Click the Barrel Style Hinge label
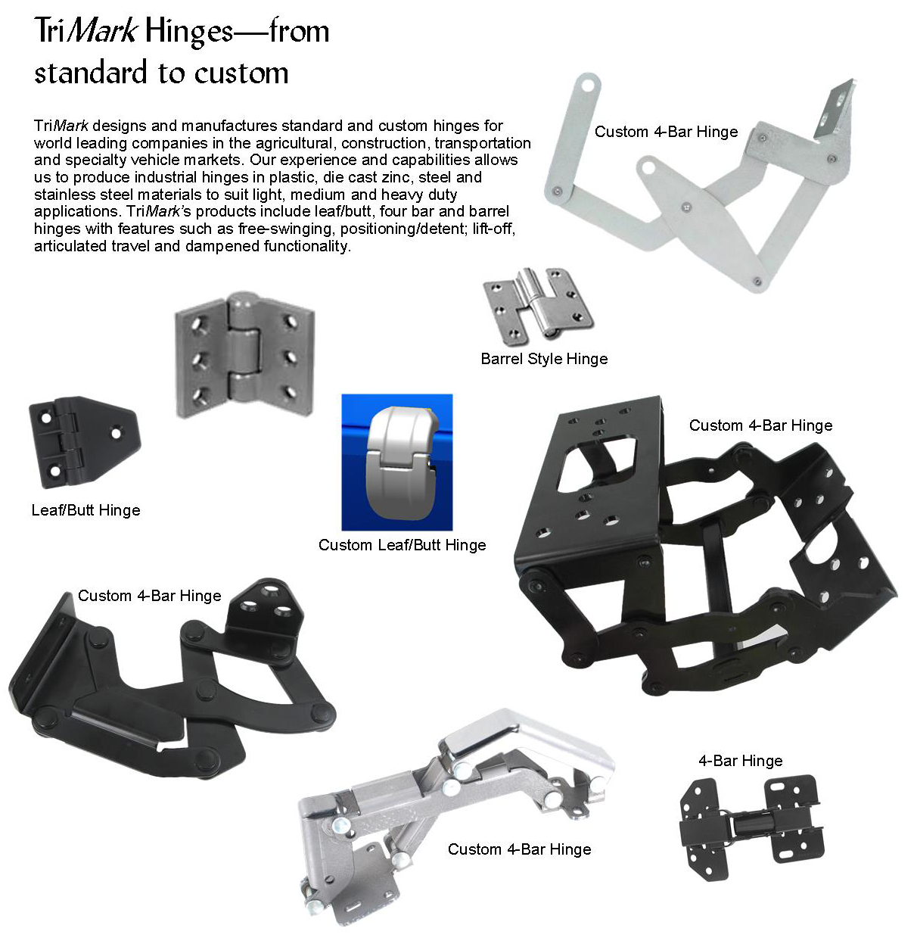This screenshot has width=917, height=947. (x=544, y=359)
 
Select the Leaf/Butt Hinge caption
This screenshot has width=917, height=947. (x=85, y=510)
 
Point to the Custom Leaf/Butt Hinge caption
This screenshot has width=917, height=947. (x=402, y=545)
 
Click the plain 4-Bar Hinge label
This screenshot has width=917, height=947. (x=740, y=761)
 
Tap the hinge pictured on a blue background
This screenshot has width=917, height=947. (x=396, y=462)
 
